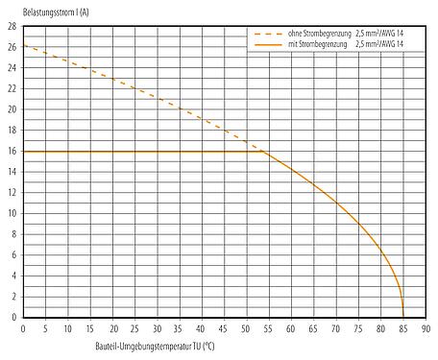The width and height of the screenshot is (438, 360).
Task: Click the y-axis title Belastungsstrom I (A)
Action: [45, 9]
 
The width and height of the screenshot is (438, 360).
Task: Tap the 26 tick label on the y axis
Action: [11, 47]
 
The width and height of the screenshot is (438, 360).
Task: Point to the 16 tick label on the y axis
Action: [11, 151]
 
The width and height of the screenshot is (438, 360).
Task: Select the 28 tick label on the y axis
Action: [11, 26]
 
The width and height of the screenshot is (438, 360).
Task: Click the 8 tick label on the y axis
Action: [12, 234]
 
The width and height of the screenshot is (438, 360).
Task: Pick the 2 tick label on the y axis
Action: [12, 297]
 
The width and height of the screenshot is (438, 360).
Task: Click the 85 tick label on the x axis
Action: [402, 328]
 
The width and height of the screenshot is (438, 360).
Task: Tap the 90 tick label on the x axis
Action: [425, 328]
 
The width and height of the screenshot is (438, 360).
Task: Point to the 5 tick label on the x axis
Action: [45, 328]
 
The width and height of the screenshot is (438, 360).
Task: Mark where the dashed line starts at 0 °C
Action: [23, 46]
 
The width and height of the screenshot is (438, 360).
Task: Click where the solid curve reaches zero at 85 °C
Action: [402, 317]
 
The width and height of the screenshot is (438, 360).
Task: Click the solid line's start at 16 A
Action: [23, 151]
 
